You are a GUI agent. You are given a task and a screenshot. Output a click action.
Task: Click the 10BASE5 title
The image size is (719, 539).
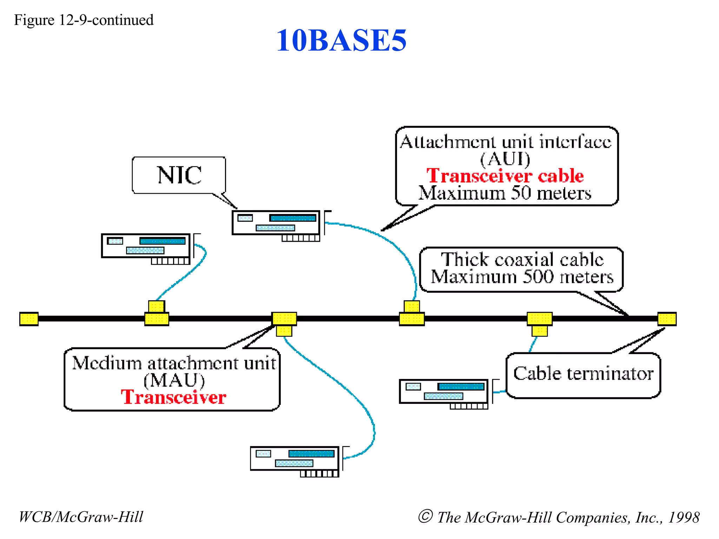341,40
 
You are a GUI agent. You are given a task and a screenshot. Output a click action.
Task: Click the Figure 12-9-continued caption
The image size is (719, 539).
84,20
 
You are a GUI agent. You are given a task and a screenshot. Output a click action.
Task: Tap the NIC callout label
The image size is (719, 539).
179,175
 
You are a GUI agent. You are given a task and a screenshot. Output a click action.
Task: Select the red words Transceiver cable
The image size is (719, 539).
505,175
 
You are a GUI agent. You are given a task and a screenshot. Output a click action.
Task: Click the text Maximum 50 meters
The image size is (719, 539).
505,193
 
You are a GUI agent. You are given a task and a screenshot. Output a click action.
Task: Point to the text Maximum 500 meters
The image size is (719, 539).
522,277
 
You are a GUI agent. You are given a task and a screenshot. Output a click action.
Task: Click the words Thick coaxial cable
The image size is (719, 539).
522,260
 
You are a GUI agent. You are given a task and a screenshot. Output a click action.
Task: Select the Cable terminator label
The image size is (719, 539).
583,373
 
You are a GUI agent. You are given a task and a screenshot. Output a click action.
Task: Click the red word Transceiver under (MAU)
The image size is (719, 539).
173,397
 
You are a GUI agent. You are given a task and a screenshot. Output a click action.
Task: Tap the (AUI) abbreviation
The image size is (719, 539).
505,159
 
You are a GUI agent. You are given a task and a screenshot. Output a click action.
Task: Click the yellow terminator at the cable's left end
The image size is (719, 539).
29,319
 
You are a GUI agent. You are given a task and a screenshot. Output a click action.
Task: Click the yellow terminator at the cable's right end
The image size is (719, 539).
667,319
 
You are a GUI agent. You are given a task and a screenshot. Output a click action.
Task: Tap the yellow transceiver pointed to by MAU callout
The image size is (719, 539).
284,322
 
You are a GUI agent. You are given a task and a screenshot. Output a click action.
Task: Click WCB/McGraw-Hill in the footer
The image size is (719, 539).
81,517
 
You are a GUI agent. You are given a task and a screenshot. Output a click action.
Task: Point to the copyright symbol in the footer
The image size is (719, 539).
425,516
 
